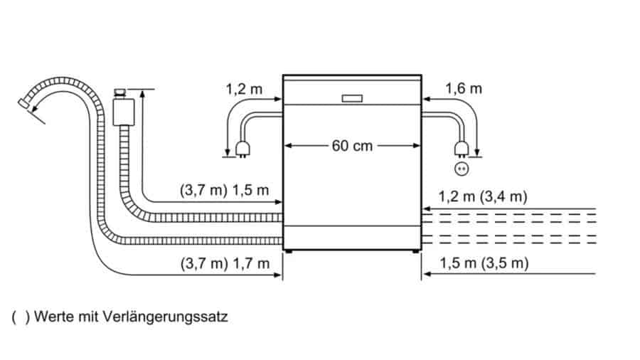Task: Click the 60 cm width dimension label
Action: point(352,146)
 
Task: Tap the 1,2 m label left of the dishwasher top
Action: point(244,90)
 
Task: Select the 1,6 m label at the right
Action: point(464,89)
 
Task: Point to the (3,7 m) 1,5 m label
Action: point(223,190)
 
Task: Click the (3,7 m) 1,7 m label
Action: point(223,263)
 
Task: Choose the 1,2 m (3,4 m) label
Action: point(484,196)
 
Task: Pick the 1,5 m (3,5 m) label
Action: point(484,263)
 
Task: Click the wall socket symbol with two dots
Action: point(463,169)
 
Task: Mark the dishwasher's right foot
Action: point(416,251)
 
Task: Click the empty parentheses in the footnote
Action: point(21,317)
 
